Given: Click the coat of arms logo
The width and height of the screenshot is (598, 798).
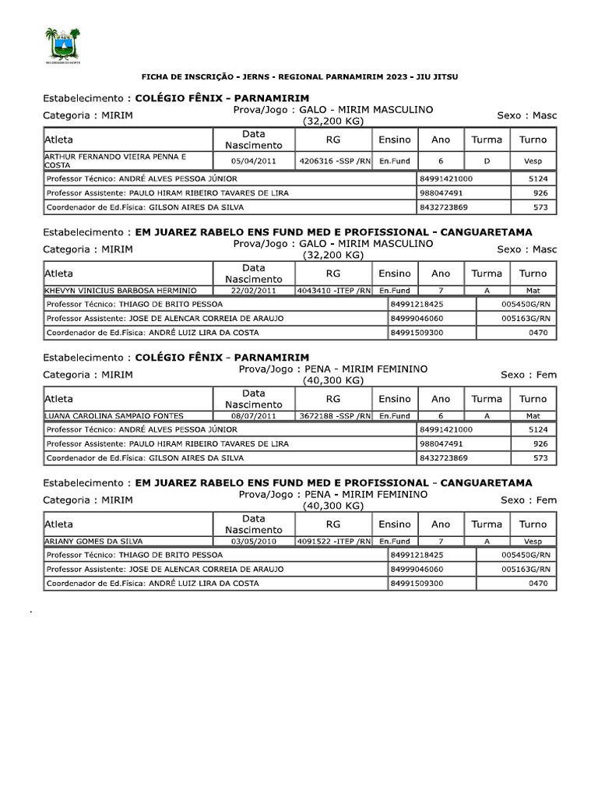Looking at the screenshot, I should pyautogui.click(x=62, y=44).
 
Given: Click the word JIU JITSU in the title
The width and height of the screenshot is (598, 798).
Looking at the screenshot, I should pyautogui.click(x=438, y=78).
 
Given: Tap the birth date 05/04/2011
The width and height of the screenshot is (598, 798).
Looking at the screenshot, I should pyautogui.click(x=254, y=161).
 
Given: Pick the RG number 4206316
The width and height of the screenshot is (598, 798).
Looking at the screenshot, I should pyautogui.click(x=319, y=161).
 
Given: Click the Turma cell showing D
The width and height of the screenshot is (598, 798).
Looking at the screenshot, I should pyautogui.click(x=487, y=161).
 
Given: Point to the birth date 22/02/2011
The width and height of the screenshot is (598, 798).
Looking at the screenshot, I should pyautogui.click(x=254, y=290).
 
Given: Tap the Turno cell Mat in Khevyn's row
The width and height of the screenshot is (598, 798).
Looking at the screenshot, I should pyautogui.click(x=533, y=290).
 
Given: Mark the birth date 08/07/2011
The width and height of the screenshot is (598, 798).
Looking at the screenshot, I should pyautogui.click(x=254, y=416).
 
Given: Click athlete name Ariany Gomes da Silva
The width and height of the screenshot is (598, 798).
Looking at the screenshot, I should pyautogui.click(x=94, y=541).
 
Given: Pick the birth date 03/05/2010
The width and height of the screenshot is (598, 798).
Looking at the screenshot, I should pyautogui.click(x=254, y=541).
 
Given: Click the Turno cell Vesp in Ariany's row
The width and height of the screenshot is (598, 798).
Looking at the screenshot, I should pyautogui.click(x=533, y=541).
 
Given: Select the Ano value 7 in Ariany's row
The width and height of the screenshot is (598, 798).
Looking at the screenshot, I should pyautogui.click(x=441, y=541).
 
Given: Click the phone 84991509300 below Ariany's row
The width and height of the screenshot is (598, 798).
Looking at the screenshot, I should pyautogui.click(x=417, y=583).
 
